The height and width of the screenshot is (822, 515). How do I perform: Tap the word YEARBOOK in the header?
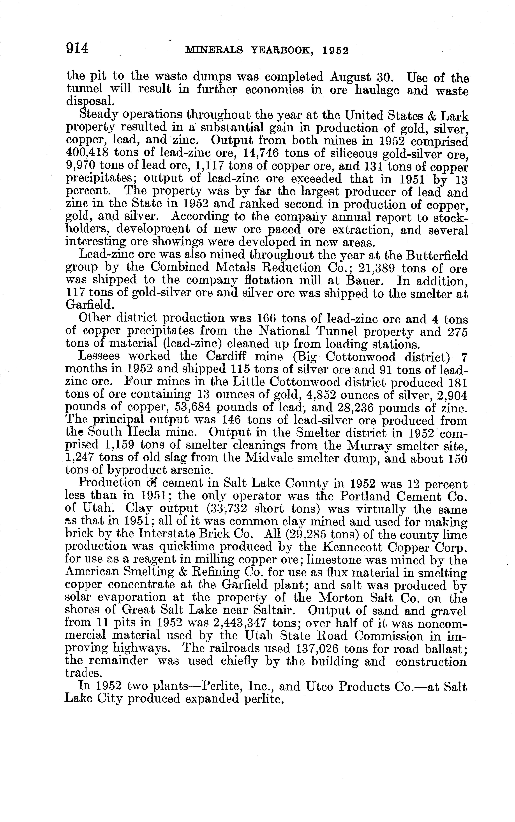(x=282, y=51)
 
